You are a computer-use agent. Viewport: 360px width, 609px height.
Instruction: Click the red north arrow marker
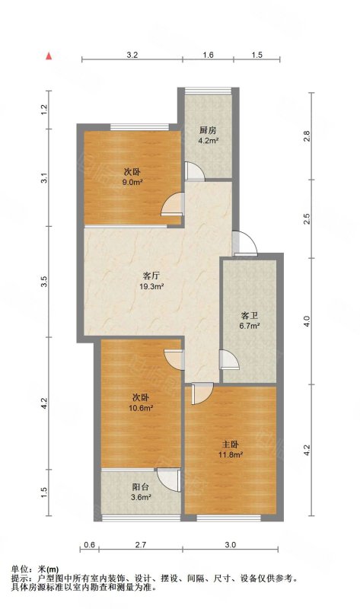click(49, 56)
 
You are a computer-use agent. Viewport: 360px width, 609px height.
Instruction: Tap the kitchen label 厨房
click(208, 130)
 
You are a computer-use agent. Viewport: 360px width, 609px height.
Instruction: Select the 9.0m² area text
click(132, 182)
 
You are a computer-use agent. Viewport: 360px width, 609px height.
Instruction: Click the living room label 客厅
click(151, 276)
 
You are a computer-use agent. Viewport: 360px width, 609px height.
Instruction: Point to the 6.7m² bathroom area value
click(249, 327)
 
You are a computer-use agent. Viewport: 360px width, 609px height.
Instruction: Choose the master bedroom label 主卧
click(230, 445)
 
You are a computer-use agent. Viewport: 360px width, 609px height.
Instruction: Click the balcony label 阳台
click(140, 486)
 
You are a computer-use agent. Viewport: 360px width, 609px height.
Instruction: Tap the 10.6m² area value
click(140, 408)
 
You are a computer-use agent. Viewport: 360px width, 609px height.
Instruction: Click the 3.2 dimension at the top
click(132, 55)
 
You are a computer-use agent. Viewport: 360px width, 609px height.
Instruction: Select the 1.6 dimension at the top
click(208, 55)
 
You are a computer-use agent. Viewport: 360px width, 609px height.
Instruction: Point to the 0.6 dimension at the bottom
click(90, 544)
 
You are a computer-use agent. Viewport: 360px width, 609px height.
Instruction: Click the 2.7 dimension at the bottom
click(141, 544)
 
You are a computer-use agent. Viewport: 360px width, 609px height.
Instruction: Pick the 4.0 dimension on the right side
click(307, 321)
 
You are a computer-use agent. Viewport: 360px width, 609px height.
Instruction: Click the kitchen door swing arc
click(196, 171)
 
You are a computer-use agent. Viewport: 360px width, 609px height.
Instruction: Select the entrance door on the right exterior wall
click(245, 243)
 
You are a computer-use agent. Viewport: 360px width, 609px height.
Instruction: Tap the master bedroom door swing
click(202, 394)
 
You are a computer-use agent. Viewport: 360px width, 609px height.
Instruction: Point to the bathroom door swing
click(230, 359)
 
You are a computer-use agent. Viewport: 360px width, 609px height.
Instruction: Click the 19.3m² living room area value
click(151, 287)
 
